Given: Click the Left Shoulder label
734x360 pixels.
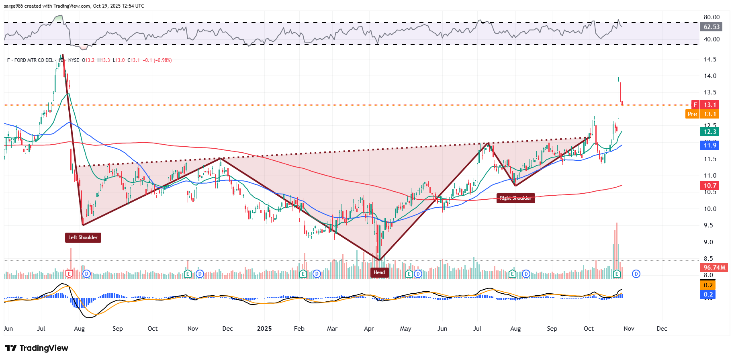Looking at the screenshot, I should (83, 237).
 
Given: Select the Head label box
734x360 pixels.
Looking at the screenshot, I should (379, 272).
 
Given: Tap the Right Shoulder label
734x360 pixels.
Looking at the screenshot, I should (515, 198).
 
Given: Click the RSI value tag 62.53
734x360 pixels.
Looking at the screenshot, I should (712, 27).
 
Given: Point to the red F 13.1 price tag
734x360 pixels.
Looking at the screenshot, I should (705, 105).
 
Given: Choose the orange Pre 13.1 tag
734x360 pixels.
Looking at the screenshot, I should (702, 114).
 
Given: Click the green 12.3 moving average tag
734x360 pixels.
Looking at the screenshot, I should (709, 132).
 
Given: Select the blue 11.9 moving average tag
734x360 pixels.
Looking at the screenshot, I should (709, 145).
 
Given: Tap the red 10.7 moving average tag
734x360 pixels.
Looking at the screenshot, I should (709, 186).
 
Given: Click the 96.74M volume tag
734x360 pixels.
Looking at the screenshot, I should (714, 268).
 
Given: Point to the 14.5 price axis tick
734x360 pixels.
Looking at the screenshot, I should (710, 59).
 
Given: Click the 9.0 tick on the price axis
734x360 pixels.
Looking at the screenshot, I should (708, 242).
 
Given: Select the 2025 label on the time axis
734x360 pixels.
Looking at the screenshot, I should (264, 329).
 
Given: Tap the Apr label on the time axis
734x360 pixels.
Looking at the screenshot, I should (369, 329).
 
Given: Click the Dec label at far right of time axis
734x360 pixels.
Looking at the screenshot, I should (662, 329).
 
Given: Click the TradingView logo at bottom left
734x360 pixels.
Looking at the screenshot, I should (37, 348).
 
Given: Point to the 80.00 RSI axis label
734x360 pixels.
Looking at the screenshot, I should (712, 17).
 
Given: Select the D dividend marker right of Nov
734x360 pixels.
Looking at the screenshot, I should (636, 274).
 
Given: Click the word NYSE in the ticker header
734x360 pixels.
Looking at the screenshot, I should (74, 60).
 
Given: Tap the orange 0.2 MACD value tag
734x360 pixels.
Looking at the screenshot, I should (708, 285).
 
